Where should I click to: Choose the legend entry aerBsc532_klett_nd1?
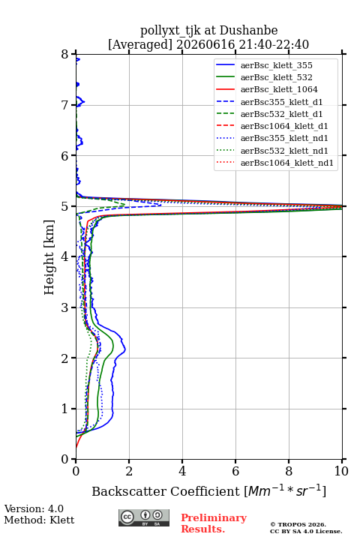pyautogui.click(x=272, y=151)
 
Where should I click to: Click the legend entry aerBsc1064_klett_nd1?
pyautogui.click(x=275, y=163)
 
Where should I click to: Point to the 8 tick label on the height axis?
pyautogui.click(x=65, y=55)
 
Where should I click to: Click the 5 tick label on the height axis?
pyautogui.click(x=65, y=206)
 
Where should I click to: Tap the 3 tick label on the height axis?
pyautogui.click(x=65, y=307)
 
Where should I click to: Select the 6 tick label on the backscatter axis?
pyautogui.click(x=235, y=471)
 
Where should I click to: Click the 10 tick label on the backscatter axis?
pyautogui.click(x=342, y=471)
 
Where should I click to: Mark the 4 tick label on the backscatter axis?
pyautogui.click(x=182, y=471)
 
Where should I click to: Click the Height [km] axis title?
pyautogui.click(x=49, y=257)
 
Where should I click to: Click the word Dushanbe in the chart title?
pyautogui.click(x=249, y=31)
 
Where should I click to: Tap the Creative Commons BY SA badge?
pyautogui.click(x=144, y=517)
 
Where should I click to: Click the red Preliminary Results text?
pyautogui.click(x=214, y=523)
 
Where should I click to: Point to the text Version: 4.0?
pyautogui.click(x=34, y=509)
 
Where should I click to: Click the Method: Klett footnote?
pyautogui.click(x=39, y=520)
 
